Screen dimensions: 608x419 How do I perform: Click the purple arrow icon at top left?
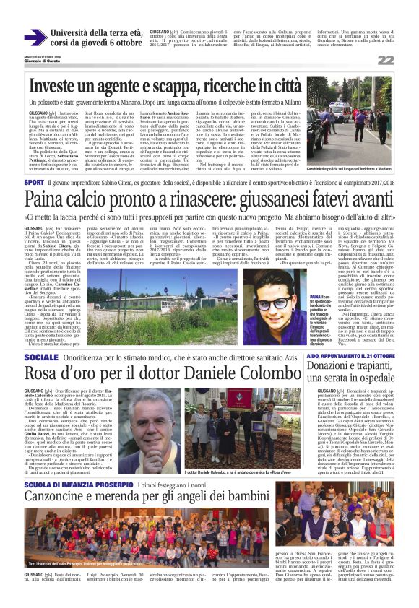[35, 38]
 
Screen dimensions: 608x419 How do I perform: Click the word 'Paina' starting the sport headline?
[48, 200]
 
